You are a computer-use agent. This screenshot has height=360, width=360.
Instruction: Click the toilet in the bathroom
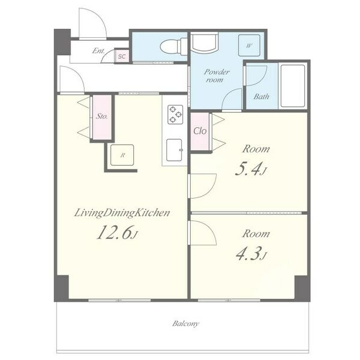click(x=173, y=47)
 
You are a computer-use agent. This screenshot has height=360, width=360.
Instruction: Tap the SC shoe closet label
click(x=122, y=56)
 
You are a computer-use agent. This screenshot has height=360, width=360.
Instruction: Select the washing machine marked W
click(x=249, y=46)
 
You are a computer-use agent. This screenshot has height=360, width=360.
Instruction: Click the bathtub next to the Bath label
click(x=293, y=86)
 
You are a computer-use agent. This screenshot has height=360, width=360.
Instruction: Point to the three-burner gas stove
click(x=175, y=114)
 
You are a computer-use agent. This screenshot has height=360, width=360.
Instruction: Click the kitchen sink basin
click(x=174, y=150)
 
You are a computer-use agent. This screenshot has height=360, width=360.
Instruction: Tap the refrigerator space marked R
click(x=122, y=155)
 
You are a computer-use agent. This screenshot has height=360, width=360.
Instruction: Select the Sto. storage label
click(x=102, y=116)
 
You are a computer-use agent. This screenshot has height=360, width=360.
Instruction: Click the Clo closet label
click(x=200, y=131)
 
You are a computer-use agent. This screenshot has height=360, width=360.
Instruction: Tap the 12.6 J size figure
click(x=117, y=232)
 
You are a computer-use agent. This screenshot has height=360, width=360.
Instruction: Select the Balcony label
click(x=185, y=324)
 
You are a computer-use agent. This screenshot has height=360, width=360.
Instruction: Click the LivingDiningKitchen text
click(x=122, y=213)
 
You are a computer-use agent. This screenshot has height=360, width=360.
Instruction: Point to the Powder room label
click(x=216, y=76)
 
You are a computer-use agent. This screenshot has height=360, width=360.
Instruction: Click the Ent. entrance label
click(x=98, y=50)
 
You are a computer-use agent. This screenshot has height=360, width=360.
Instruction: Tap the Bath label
click(x=261, y=97)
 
